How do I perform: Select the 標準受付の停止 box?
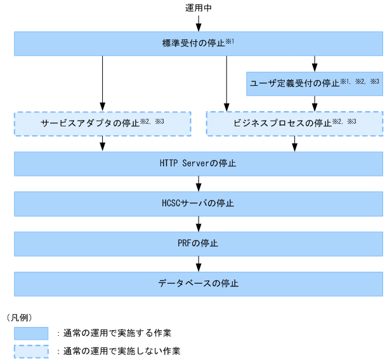point(199,44)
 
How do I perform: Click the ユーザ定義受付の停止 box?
point(313,83)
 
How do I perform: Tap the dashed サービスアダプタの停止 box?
point(102,123)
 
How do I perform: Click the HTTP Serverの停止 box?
point(199,163)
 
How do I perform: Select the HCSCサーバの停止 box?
point(199,203)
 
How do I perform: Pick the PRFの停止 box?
point(199,243)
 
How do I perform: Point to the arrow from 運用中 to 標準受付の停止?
point(199,23)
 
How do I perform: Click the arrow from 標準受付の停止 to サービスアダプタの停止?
point(102,83)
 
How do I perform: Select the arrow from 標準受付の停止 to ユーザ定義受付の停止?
point(313,63)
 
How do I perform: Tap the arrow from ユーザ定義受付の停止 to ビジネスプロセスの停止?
point(313,103)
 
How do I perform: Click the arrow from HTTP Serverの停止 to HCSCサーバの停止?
point(199,183)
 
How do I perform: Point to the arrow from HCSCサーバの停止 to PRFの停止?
point(199,223)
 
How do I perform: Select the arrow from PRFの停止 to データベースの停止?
point(199,263)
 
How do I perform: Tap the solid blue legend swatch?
point(31,333)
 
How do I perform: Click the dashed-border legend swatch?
point(31,350)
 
